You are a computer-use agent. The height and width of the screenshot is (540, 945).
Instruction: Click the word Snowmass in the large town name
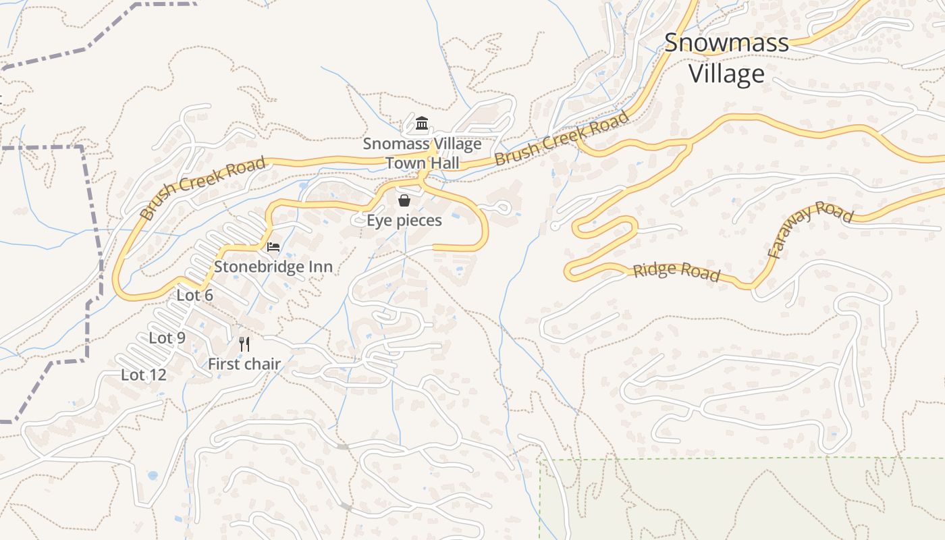point(726,43)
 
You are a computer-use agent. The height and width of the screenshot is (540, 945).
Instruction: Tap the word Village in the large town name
point(726,74)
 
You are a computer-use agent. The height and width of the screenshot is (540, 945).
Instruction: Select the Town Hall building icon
point(423,124)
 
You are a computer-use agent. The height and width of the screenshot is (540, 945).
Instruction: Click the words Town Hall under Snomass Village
point(423,163)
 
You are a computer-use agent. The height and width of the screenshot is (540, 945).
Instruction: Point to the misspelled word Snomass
point(391,144)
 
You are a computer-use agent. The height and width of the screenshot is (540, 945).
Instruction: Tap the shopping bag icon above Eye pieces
point(404,200)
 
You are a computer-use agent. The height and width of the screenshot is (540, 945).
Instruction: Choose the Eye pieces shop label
point(404,221)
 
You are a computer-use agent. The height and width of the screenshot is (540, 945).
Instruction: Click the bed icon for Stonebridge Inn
point(273,246)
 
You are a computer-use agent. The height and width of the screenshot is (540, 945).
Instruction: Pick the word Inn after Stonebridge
point(321,267)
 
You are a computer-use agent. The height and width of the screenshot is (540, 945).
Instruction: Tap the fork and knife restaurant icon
point(244,344)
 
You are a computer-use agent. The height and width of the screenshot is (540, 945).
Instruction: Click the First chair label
point(244,364)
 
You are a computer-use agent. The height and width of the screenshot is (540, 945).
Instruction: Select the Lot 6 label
point(194,295)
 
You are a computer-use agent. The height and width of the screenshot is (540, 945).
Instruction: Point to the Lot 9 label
point(167,338)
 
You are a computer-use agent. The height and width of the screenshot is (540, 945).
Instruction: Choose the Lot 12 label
point(143,375)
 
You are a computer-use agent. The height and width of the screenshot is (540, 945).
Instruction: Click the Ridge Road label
point(676,272)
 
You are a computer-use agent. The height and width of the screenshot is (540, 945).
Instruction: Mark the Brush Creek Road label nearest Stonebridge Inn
point(202,189)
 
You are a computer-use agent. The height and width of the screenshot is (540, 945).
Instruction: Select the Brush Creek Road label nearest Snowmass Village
point(562,138)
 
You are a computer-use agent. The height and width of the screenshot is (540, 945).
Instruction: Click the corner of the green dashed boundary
point(540,460)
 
